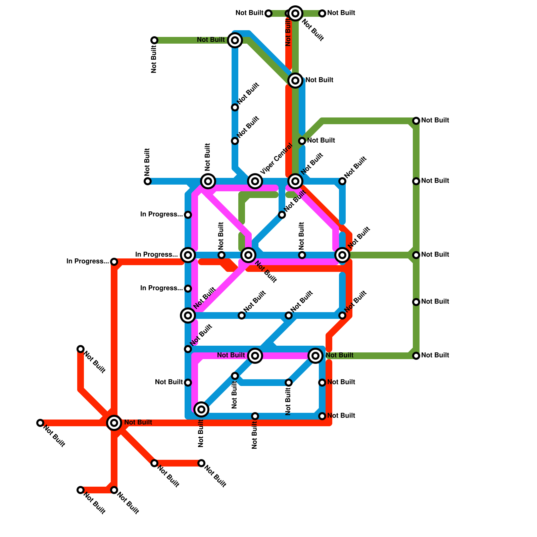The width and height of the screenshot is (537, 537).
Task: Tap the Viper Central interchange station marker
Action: pos(255,181)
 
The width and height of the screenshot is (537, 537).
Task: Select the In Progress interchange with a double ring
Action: pos(188,255)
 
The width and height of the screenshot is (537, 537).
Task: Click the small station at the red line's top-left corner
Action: pos(114,262)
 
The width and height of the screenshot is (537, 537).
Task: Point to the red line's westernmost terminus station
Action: pos(40,423)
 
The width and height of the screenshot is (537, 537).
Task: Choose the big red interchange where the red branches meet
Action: pos(114,423)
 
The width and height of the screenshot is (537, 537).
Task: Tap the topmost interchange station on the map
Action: pos(295,13)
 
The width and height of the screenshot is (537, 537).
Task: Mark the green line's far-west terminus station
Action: pos(154,40)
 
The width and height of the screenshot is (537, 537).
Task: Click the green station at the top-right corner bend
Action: pos(416,121)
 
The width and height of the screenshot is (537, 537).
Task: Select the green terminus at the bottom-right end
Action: pos(416,356)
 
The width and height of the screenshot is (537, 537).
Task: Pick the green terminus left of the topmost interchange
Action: pos(268,13)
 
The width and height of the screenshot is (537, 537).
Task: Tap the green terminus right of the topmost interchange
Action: pos(322,13)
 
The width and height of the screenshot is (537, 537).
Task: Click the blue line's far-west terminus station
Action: pos(148,181)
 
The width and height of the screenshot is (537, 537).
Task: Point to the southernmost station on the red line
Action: pos(114,490)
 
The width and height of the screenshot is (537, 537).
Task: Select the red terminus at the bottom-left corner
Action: pos(81,490)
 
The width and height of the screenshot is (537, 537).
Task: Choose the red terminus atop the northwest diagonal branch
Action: pos(81,349)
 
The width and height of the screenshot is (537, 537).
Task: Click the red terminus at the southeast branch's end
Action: pos(201,463)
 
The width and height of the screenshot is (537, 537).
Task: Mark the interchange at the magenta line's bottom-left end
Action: pos(201,409)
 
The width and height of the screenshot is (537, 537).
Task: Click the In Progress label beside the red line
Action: pos(87,261)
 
